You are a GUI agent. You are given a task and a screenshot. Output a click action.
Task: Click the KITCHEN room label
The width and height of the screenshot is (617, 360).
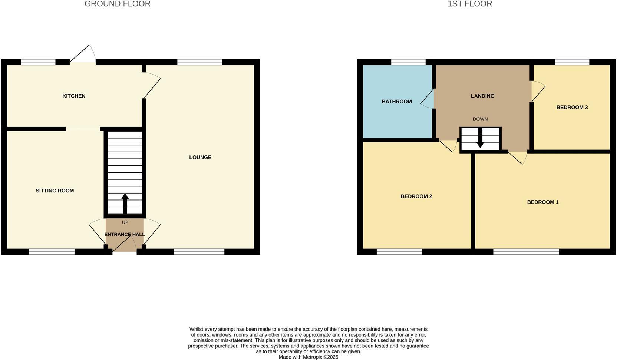[74, 96]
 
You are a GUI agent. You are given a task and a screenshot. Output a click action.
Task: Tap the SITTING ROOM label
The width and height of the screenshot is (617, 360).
[55, 191]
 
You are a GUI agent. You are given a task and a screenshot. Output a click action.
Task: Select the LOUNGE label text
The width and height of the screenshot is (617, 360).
[200, 158]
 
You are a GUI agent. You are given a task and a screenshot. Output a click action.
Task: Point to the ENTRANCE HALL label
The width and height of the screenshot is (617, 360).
[125, 235]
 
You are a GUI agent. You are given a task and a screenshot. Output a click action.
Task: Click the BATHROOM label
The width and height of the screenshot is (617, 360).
[397, 102]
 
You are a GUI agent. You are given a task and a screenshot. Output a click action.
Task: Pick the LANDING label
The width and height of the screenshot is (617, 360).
[482, 96]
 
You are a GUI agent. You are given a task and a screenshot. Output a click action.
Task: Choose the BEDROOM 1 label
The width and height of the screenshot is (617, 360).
[542, 202]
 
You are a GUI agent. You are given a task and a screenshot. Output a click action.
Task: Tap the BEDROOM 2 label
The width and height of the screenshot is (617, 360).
[416, 196]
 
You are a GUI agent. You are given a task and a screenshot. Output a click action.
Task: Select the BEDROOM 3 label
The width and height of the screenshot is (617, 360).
[572, 108]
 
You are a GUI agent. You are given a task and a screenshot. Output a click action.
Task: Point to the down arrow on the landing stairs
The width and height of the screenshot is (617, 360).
[480, 141]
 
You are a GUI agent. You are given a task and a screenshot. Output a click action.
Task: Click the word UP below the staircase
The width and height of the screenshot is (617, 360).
[125, 222]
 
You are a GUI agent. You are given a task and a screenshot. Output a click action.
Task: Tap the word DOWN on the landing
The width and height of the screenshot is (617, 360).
[480, 119]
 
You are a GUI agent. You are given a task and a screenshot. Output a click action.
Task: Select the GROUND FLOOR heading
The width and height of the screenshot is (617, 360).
[118, 4]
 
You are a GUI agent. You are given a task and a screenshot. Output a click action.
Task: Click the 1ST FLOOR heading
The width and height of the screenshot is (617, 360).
[470, 4]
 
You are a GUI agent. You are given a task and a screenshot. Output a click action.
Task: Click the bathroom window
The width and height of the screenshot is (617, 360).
[408, 62]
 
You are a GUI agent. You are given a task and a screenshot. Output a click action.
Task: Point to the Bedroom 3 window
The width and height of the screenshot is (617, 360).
[572, 62]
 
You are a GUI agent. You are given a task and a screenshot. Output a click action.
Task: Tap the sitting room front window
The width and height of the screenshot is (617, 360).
[52, 252]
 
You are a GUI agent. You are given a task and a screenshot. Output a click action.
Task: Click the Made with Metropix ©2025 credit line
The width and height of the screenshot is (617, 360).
[308, 357]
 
